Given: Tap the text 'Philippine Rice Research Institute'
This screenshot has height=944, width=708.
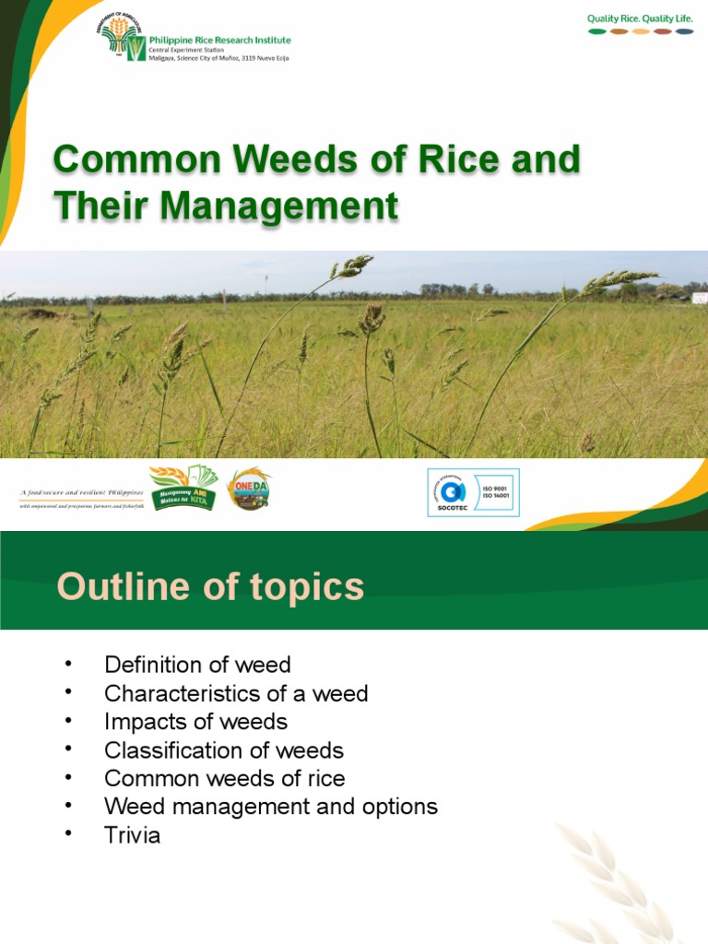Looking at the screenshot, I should tap(220, 40).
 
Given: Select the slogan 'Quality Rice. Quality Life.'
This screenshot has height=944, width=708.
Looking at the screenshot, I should tap(641, 18).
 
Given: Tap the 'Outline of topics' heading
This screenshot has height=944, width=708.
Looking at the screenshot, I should tap(210, 587).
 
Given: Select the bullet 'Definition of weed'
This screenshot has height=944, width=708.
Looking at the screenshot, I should tap(197, 665).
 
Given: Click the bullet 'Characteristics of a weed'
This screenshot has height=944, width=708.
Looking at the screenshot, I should tap(236, 693).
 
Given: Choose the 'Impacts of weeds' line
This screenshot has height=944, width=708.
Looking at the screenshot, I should tap(195, 722).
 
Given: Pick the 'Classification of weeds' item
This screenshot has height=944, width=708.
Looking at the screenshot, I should tap(223, 750).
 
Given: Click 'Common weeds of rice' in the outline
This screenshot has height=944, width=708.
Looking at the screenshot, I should tap(224, 779).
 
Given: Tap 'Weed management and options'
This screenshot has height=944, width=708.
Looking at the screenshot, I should tap(270, 808).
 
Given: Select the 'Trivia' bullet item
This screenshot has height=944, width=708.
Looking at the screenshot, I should tap(132, 836).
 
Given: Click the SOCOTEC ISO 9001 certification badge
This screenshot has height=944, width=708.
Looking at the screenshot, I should tap(473, 492).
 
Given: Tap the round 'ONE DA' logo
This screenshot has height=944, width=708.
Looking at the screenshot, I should tap(249, 489).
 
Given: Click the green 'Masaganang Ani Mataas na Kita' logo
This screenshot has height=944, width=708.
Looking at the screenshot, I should tap(183, 489).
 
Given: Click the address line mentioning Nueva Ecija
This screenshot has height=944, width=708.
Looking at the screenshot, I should tap(220, 57).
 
